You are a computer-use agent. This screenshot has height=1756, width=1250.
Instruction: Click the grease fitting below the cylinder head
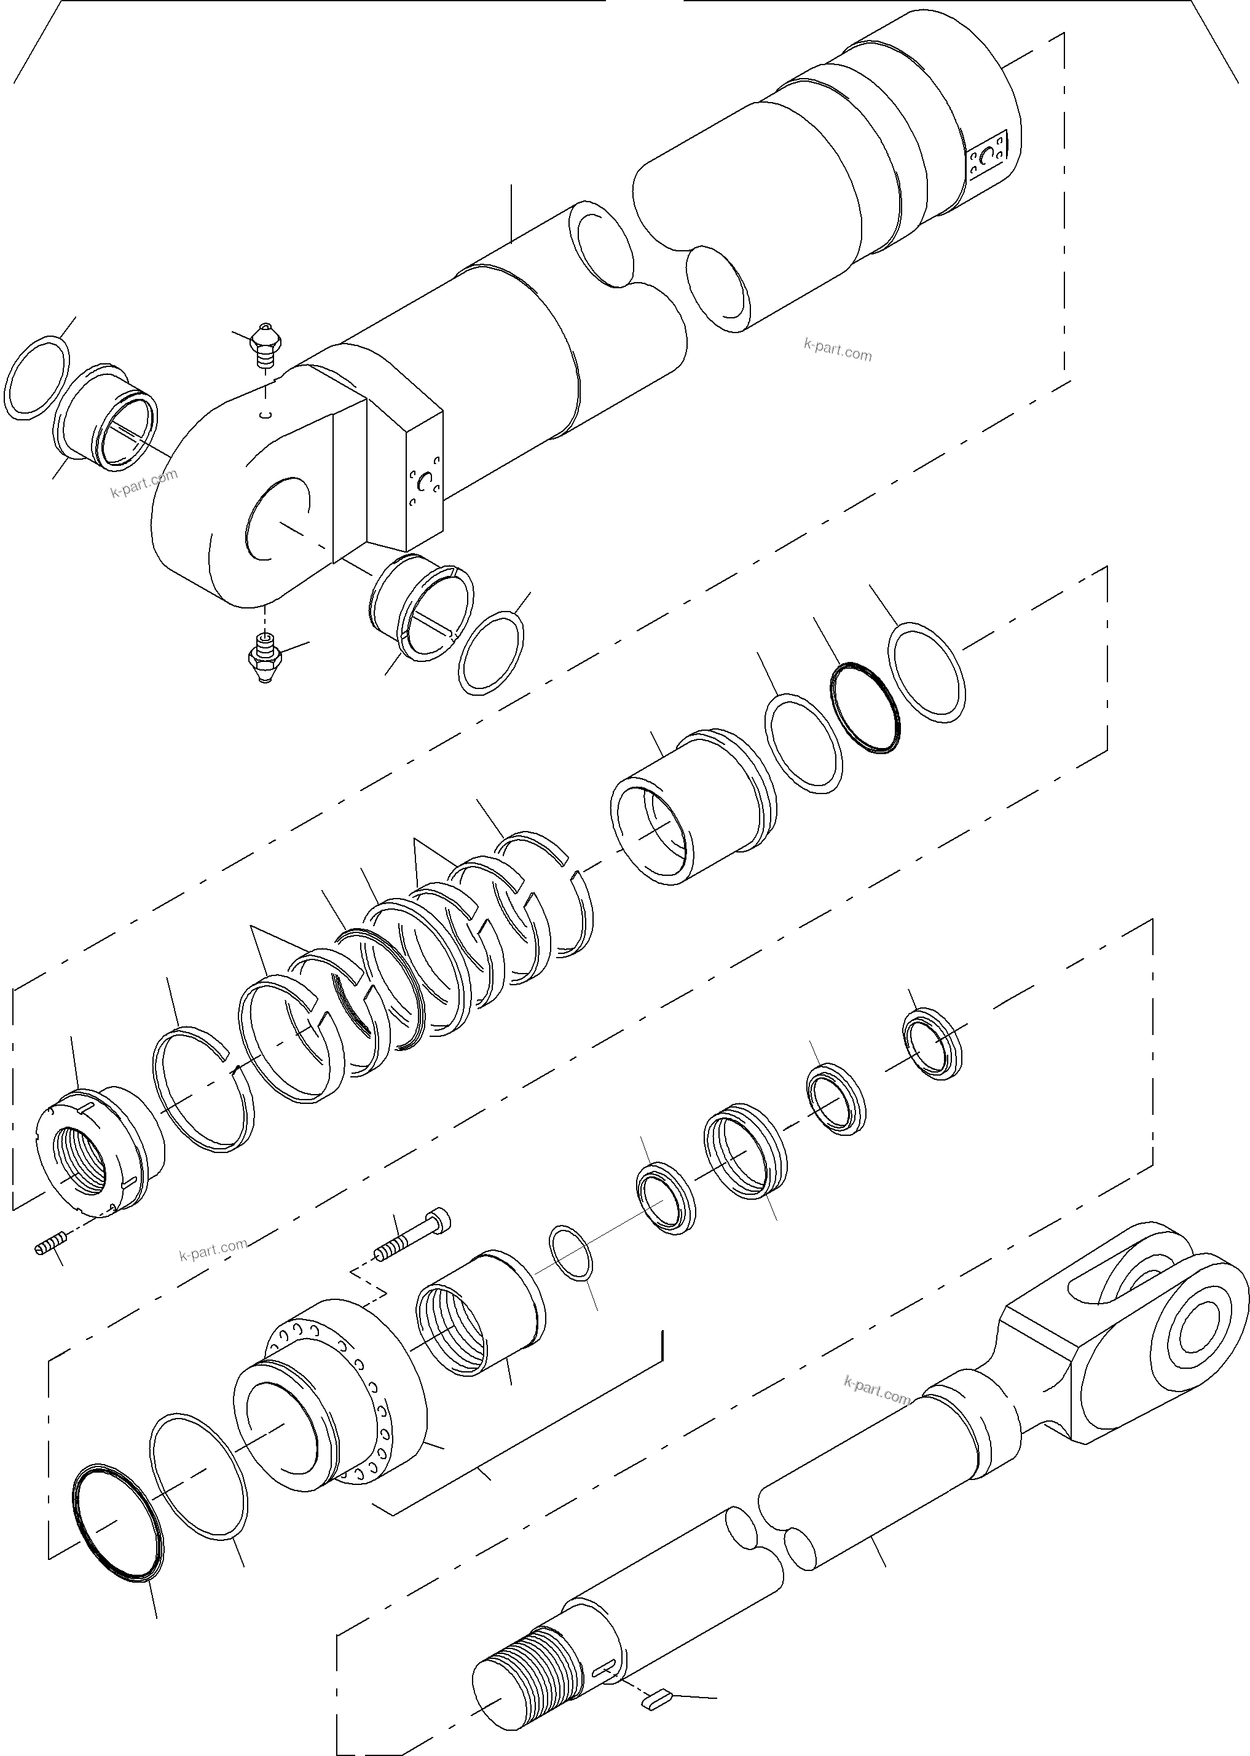click(265, 656)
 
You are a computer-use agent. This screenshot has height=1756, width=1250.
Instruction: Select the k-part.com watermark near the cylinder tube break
click(838, 350)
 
